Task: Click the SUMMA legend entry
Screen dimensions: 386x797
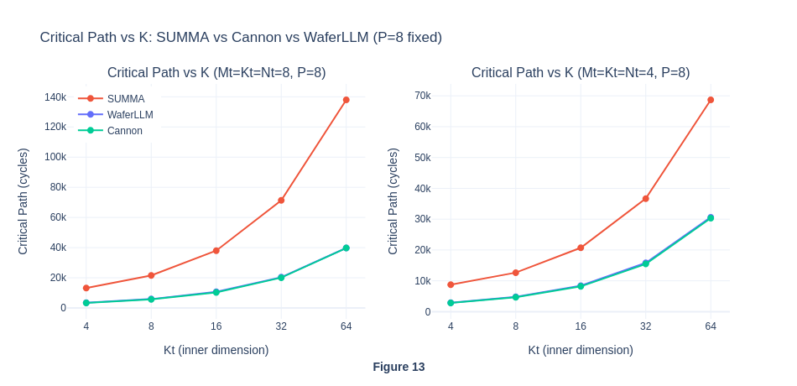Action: point(125,98)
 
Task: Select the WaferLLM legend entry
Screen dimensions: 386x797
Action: point(129,114)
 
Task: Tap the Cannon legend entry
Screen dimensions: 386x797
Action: point(124,130)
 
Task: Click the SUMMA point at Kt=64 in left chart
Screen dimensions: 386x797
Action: point(346,100)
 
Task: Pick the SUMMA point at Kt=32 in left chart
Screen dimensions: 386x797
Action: point(281,201)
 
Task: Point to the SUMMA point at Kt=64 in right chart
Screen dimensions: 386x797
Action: point(711,100)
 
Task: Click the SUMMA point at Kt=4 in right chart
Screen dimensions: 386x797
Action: point(451,284)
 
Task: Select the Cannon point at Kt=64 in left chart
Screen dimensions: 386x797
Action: point(346,248)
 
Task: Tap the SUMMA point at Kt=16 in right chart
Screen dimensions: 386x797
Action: point(581,248)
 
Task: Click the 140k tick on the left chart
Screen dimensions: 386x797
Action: point(55,97)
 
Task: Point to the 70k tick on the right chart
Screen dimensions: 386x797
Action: point(423,96)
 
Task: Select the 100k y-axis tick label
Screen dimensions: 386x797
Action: point(55,157)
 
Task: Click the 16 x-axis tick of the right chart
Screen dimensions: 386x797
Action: point(581,326)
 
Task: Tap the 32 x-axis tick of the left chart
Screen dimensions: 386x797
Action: point(281,326)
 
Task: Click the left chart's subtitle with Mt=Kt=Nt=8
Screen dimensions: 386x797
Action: point(216,72)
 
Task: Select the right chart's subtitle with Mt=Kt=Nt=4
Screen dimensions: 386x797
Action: point(581,72)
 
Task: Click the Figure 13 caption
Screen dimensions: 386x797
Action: point(398,367)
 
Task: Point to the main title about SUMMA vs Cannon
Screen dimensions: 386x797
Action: point(241,37)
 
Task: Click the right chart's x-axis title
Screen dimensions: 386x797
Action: point(581,350)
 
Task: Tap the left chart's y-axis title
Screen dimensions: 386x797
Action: point(23,201)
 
